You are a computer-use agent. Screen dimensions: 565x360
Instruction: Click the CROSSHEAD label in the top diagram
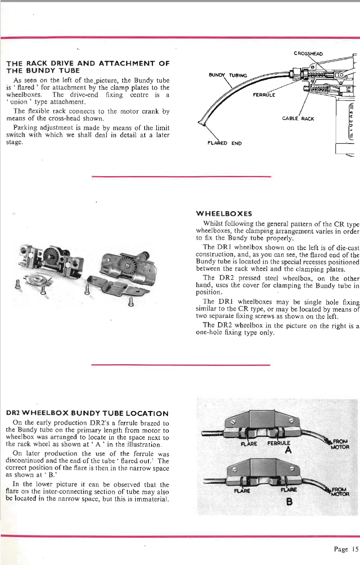click(308, 53)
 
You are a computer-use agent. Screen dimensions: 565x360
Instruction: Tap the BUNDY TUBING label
click(228, 75)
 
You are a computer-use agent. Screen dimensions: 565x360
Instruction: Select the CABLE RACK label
click(298, 118)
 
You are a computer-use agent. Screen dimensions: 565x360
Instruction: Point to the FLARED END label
click(224, 143)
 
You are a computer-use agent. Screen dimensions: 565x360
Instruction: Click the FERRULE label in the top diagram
click(264, 95)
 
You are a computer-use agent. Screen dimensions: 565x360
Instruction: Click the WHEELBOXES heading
click(224, 214)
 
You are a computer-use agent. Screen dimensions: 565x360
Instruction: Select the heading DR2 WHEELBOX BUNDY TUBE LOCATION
click(87, 413)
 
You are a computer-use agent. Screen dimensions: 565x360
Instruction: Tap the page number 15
click(355, 549)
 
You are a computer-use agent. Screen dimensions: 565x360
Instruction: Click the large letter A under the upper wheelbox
click(288, 450)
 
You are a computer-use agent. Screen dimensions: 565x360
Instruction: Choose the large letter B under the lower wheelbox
click(289, 501)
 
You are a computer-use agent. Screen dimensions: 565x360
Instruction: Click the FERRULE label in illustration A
click(279, 443)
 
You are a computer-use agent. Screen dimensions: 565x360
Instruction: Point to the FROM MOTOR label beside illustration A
click(340, 444)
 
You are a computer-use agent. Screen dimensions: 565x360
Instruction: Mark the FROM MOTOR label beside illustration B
click(340, 492)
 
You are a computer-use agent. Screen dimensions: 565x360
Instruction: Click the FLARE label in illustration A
click(249, 444)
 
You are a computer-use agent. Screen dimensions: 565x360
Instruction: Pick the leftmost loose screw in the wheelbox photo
click(17, 284)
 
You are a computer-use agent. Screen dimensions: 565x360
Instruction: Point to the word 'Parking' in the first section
click(24, 128)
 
